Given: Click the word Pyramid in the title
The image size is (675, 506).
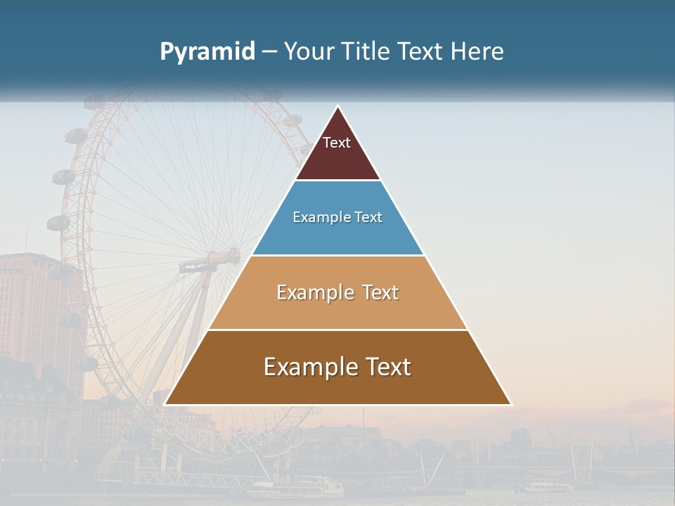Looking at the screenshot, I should click(207, 52).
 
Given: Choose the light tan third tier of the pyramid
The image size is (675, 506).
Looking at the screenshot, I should click(337, 309).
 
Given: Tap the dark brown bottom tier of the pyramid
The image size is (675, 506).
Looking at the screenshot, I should click(337, 387).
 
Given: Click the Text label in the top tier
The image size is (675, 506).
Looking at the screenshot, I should click(337, 143).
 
